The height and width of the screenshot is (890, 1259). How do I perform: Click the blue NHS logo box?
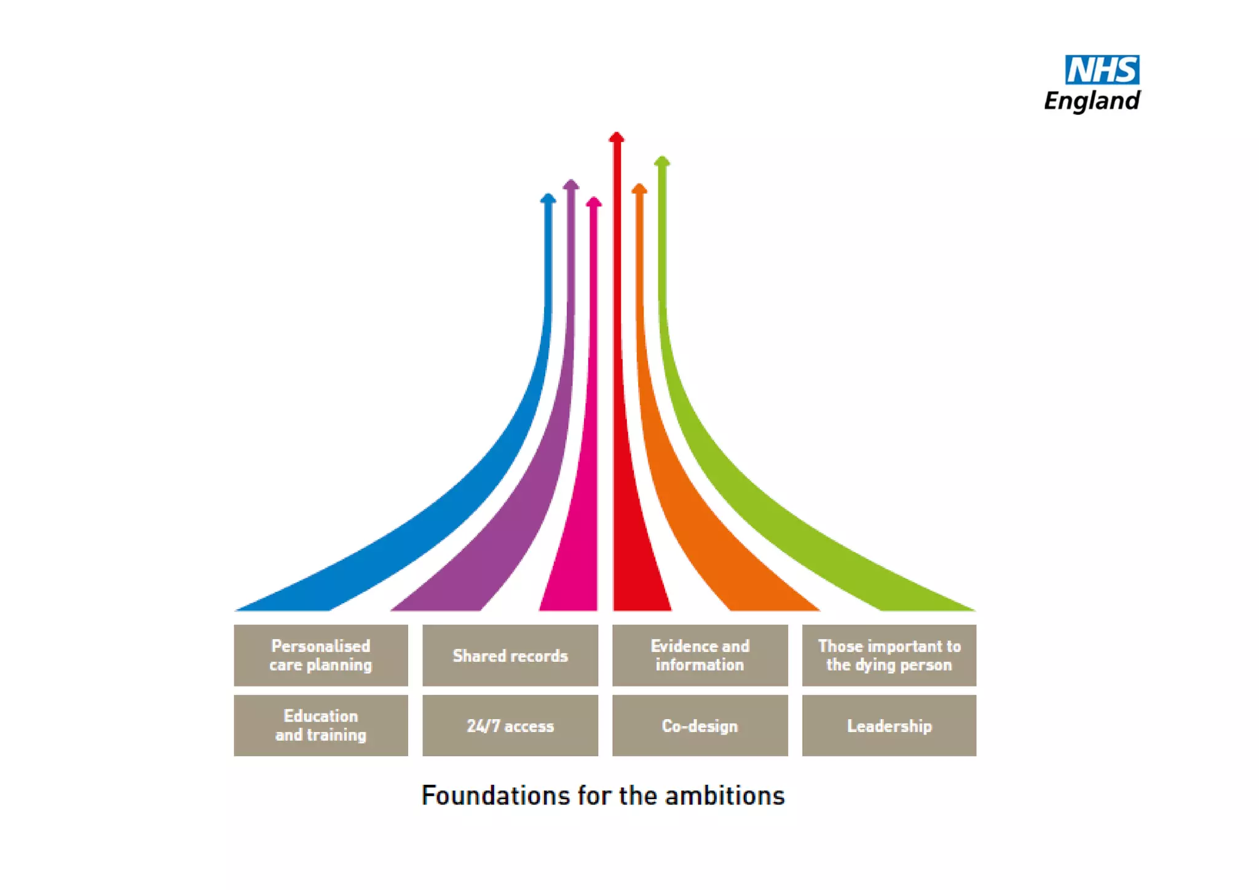pos(1102,69)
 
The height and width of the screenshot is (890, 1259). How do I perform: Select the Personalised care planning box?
pos(320,655)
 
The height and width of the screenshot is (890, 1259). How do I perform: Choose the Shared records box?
pos(510,655)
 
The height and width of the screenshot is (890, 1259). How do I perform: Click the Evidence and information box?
pos(700,655)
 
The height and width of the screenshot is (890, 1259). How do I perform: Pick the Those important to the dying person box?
pos(889,655)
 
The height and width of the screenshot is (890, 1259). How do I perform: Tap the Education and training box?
pos(320,725)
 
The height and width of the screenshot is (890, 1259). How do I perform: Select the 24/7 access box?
pos(510,725)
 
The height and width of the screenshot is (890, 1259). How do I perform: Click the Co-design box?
pos(700,725)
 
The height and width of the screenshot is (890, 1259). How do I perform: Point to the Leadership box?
pos(889,725)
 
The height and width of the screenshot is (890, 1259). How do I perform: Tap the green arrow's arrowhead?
pos(662,161)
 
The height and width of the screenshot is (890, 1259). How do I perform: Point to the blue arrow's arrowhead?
pos(548,198)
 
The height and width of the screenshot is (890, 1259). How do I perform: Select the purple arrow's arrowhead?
pos(571,184)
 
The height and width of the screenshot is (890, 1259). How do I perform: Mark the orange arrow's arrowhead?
pos(639,188)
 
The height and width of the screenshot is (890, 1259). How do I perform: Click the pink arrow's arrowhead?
pos(594,202)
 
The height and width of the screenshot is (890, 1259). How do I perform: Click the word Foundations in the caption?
pos(495,795)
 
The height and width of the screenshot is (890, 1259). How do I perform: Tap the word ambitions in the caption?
pos(725,795)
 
